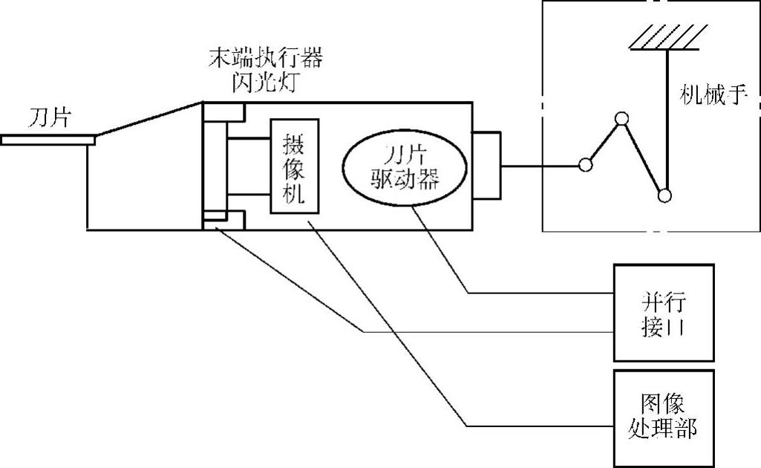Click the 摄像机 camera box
tap(295, 166)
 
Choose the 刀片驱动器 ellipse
tap(404, 167)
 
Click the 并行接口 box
tap(663, 313)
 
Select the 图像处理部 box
tap(663, 418)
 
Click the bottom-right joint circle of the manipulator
tap(665, 195)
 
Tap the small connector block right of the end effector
tap(486, 165)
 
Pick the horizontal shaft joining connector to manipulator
tap(540, 165)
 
